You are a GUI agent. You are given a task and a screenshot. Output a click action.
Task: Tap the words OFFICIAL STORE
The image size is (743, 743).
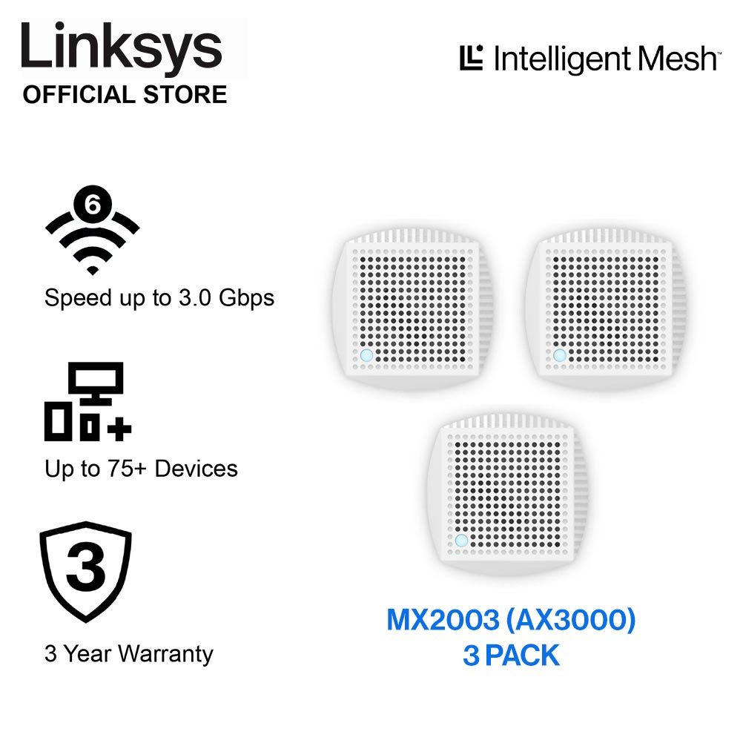coord(125,95)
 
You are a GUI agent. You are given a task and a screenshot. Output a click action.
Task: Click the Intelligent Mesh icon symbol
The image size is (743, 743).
coord(472,58)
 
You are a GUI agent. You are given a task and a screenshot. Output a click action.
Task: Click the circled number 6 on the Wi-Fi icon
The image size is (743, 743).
coord(93,204)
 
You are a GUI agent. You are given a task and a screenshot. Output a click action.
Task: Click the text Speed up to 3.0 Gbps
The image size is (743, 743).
coord(159,298)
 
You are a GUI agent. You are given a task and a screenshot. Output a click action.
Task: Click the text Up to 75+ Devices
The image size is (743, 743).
coord(141,469)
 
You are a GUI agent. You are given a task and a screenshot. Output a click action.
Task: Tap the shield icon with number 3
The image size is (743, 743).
coord(85,572)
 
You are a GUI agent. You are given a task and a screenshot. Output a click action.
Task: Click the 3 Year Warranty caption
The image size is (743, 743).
coord(129,654)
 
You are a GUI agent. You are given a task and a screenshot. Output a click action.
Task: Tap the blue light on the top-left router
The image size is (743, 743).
coord(366,356)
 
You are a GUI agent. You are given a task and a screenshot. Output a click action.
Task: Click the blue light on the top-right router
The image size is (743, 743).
coord(559,356)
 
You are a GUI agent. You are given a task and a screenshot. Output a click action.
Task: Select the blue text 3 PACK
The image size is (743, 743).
coord(511,656)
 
